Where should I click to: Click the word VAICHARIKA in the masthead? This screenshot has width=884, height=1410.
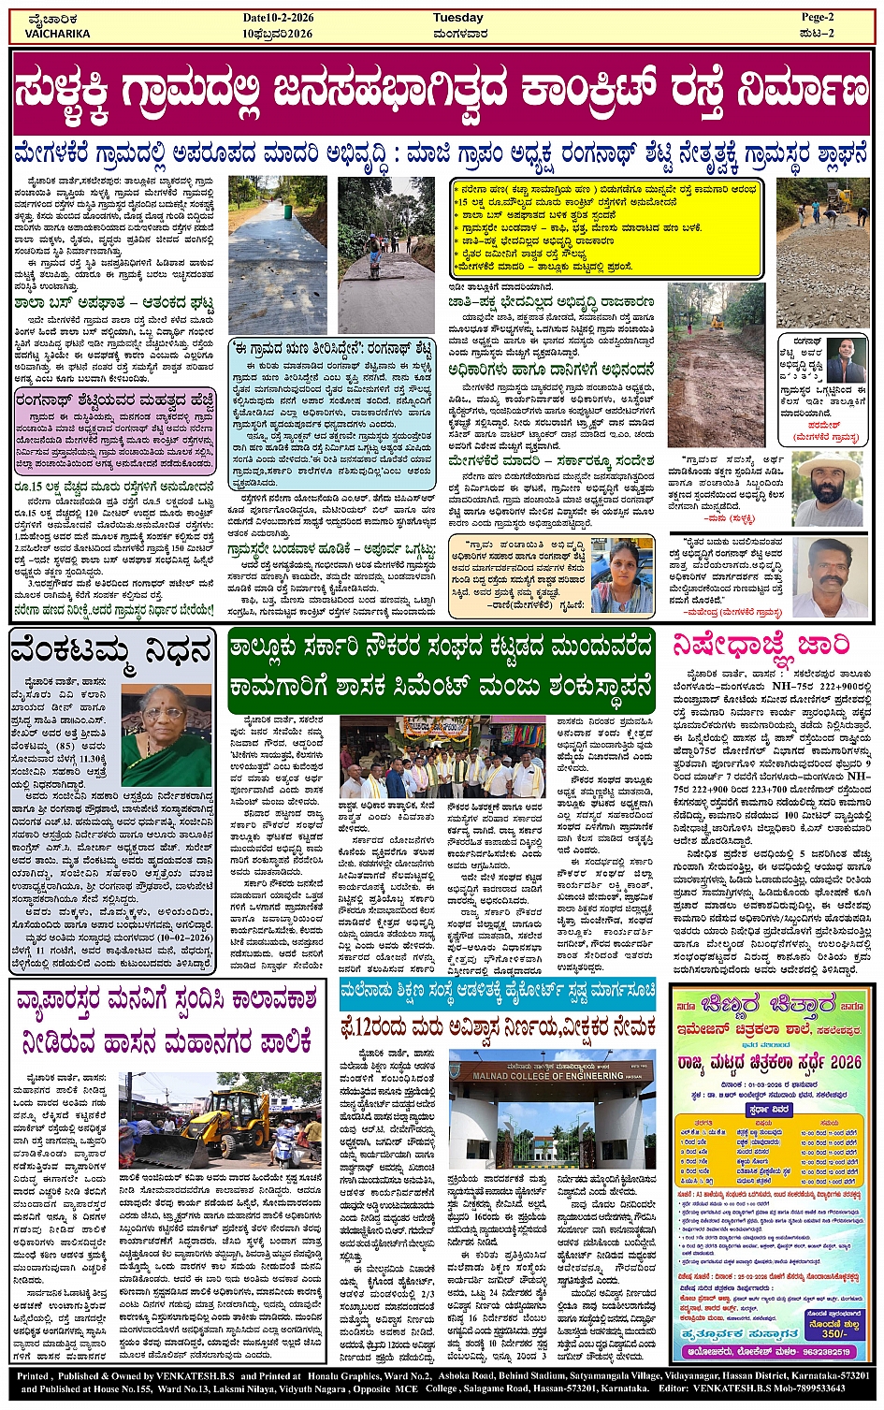point(58,34)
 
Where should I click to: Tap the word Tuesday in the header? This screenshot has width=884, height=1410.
point(457,18)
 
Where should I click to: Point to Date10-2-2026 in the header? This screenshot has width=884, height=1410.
point(277,18)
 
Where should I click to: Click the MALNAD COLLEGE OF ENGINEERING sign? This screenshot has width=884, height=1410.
point(551,1075)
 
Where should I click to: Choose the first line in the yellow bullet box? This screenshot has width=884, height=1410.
point(606,188)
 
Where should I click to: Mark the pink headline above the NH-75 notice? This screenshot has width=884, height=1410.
point(761,646)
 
